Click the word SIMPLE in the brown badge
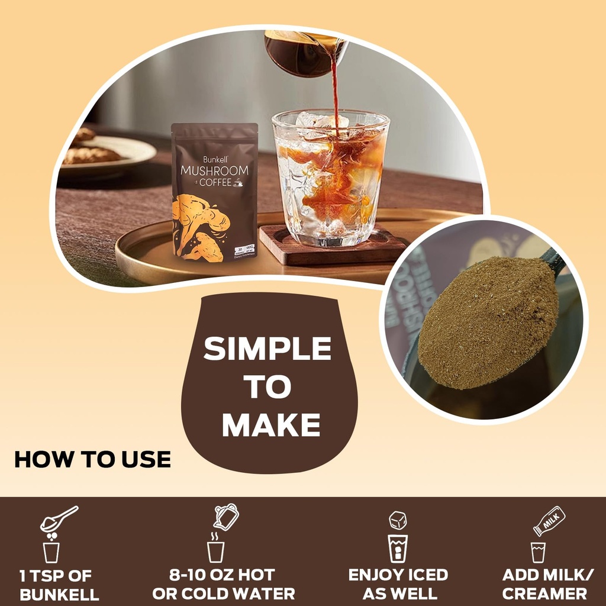click(x=267, y=349)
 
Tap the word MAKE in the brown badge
click(x=271, y=424)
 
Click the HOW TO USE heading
click(x=92, y=460)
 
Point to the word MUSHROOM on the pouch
click(x=214, y=171)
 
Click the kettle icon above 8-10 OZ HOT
click(x=226, y=517)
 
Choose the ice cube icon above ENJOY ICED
click(x=398, y=520)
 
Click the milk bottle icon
click(x=549, y=521)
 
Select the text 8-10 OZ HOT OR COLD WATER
click(x=223, y=584)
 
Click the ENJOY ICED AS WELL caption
click(x=398, y=584)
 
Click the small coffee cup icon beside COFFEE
click(x=238, y=183)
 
